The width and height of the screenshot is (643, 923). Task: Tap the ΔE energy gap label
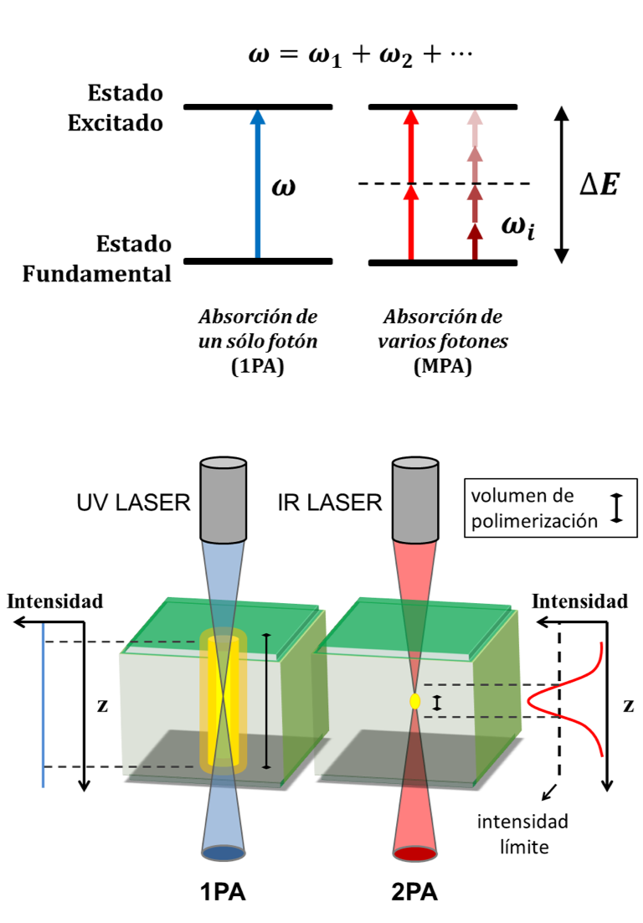pyautogui.click(x=599, y=185)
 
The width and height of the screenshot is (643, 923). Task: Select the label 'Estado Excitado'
pyautogui.click(x=116, y=108)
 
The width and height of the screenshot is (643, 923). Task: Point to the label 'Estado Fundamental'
pyautogui.click(x=97, y=259)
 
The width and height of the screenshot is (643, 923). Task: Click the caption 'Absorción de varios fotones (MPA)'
pyautogui.click(x=443, y=342)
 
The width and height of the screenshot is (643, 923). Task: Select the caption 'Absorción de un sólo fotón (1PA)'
pyautogui.click(x=259, y=342)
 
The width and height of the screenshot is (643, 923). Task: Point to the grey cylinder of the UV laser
pyautogui.click(x=223, y=500)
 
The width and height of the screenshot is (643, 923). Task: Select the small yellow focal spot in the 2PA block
pyautogui.click(x=414, y=701)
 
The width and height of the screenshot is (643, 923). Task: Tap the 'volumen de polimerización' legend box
pyautogui.click(x=549, y=508)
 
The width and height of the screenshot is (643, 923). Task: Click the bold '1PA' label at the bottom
pyautogui.click(x=224, y=894)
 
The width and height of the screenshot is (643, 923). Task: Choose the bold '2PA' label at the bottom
pyautogui.click(x=414, y=894)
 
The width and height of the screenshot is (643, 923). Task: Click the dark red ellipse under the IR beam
pyautogui.click(x=414, y=854)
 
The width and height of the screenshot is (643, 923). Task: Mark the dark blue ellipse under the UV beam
pyautogui.click(x=224, y=854)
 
